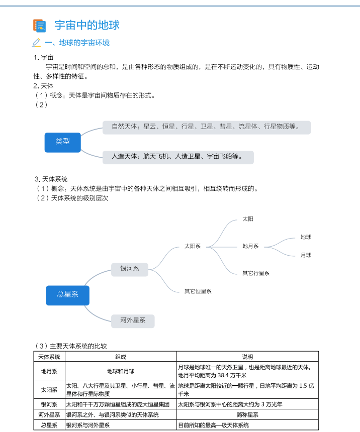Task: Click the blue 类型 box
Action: click(x=63, y=142)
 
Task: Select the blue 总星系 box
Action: click(x=67, y=294)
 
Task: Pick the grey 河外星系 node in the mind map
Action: click(x=133, y=320)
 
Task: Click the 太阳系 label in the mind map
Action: click(x=193, y=246)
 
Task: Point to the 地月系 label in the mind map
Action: click(x=250, y=246)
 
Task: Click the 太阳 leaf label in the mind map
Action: click(x=248, y=219)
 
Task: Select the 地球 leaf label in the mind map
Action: click(x=306, y=237)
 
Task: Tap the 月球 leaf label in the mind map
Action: click(x=306, y=255)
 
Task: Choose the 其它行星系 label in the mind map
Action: click(x=256, y=273)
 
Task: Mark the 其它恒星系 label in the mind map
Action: click(x=198, y=291)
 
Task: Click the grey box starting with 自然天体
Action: click(x=206, y=127)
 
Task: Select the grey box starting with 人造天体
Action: click(x=177, y=157)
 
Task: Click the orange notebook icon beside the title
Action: click(x=39, y=26)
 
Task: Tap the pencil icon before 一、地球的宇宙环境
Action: click(x=36, y=43)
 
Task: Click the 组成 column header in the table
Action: click(x=121, y=357)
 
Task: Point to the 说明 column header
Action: click(x=247, y=357)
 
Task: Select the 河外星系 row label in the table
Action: click(x=49, y=415)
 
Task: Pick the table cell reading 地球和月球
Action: click(x=121, y=371)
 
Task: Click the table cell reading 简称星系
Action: click(x=247, y=415)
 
